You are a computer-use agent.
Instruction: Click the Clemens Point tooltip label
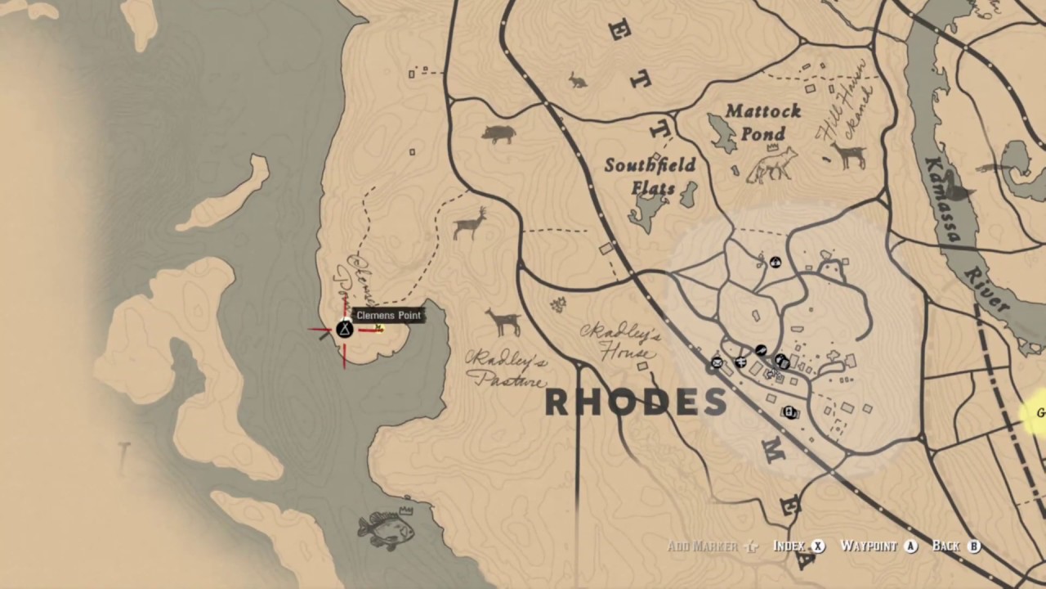(x=389, y=315)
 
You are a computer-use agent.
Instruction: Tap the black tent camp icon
(x=344, y=329)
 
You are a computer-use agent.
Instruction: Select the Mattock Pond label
(x=763, y=122)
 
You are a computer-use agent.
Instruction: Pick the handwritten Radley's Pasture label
(x=507, y=369)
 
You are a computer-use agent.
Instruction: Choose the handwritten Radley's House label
(x=619, y=344)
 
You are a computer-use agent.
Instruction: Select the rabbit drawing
(x=578, y=80)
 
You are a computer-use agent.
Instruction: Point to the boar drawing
(x=498, y=133)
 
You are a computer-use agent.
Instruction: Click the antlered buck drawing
(x=470, y=223)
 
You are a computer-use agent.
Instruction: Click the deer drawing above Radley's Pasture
(x=503, y=321)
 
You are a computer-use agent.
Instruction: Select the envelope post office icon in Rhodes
(x=717, y=362)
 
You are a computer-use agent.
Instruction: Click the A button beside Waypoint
(x=911, y=546)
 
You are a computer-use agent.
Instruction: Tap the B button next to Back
(x=973, y=546)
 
